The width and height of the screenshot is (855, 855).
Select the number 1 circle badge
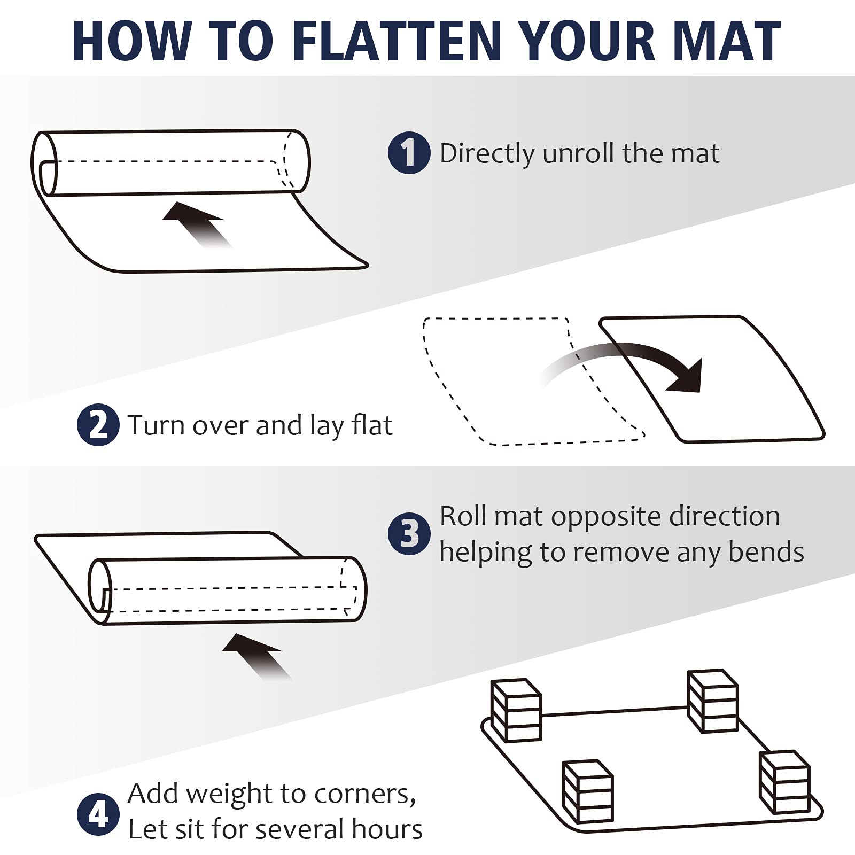(x=409, y=153)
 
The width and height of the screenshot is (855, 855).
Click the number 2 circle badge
(x=98, y=425)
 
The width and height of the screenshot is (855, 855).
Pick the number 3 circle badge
(x=409, y=533)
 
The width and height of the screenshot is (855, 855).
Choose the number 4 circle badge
(x=98, y=815)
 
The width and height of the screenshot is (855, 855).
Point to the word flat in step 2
(x=372, y=425)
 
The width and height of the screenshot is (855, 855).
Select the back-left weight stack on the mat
(x=516, y=710)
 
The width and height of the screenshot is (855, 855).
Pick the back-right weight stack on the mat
(x=713, y=701)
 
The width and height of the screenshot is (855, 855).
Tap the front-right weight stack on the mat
(x=785, y=782)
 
